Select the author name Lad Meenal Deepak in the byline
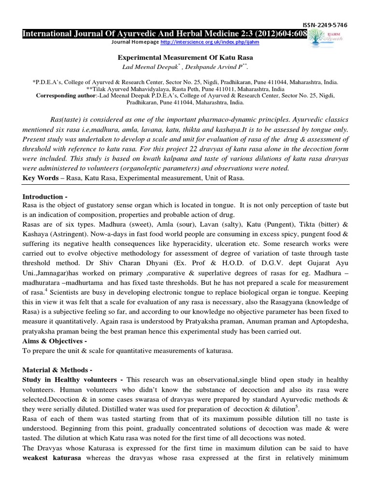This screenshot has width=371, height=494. pyautogui.click(x=144, y=66)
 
